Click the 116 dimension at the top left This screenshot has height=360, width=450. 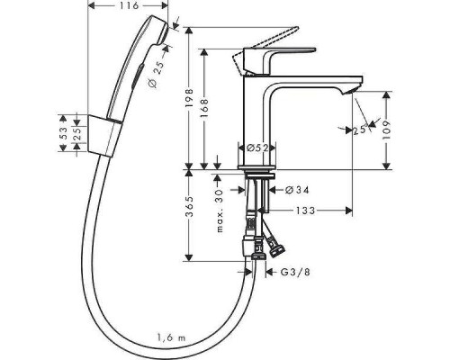point(129,7)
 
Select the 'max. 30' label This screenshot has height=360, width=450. point(219,210)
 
